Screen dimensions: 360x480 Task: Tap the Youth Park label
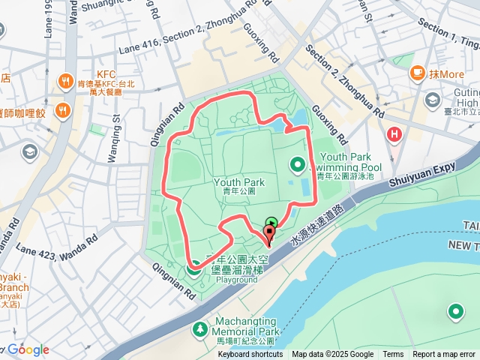239,182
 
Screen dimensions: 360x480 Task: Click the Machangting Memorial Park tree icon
200,328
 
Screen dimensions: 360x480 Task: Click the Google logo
28,349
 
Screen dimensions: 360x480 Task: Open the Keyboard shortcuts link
250,355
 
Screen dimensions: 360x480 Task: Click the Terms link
393,355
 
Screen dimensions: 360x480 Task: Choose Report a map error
444,355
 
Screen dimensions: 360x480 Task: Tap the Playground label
237,280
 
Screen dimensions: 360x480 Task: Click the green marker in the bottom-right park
455,311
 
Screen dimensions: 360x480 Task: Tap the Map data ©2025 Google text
332,355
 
